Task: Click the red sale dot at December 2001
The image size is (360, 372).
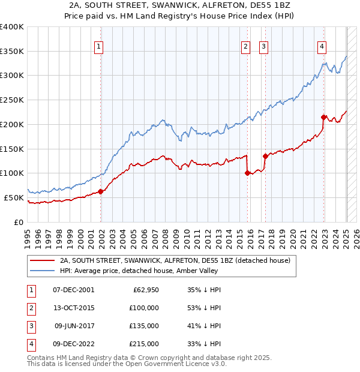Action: point(101,191)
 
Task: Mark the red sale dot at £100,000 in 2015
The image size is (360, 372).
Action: point(247,173)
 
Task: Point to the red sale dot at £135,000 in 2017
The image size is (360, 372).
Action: point(265,156)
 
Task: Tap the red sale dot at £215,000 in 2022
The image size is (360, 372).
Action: point(323,117)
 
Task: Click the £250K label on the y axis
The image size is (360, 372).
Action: point(12,100)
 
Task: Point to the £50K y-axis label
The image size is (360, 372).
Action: point(14,197)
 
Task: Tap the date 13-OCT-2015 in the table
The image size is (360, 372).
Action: point(74,308)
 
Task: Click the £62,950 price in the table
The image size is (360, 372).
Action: point(145,290)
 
